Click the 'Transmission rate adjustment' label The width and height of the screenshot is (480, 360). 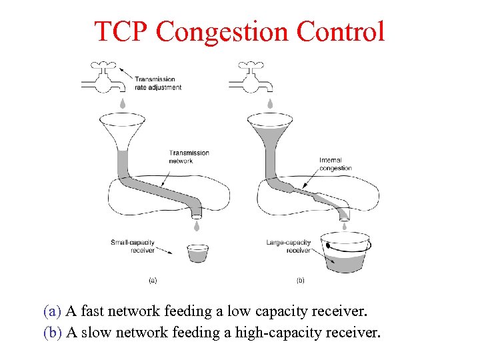coord(157,83)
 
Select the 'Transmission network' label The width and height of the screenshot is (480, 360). coord(189,157)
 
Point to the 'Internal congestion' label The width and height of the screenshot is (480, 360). coord(335,164)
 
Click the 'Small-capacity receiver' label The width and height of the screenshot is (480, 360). coord(133,246)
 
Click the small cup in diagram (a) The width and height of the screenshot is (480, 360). coord(197,253)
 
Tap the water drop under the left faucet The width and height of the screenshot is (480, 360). coord(123,103)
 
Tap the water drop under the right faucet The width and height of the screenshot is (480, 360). coord(270,103)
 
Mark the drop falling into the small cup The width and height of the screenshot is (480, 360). coord(197,227)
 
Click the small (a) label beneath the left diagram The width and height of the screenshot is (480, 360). coord(153,281)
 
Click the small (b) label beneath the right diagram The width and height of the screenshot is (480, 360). coord(300,281)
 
